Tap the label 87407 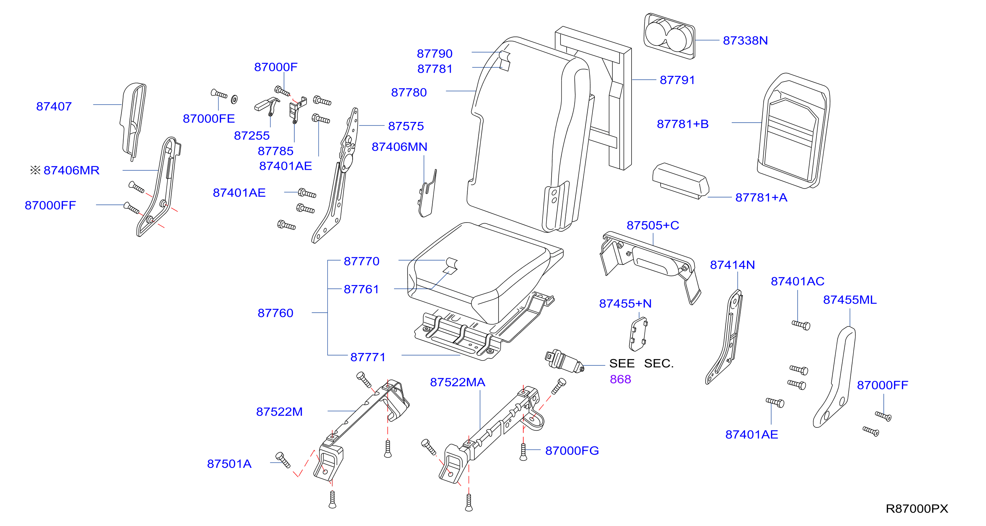click(x=54, y=106)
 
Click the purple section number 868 click(x=620, y=379)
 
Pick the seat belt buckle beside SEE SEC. click(x=564, y=361)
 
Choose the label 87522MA click(x=457, y=382)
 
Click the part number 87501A click(x=229, y=464)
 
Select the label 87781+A click(x=761, y=197)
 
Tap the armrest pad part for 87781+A click(x=680, y=181)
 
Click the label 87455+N click(x=625, y=303)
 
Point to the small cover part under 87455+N click(x=638, y=334)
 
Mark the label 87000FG click(x=572, y=451)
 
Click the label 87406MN click(x=399, y=147)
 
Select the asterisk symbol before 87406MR click(x=35, y=170)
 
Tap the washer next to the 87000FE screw click(x=234, y=100)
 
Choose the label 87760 click(x=275, y=313)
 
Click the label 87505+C click(x=652, y=225)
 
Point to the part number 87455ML click(x=850, y=300)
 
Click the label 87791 click(x=677, y=80)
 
